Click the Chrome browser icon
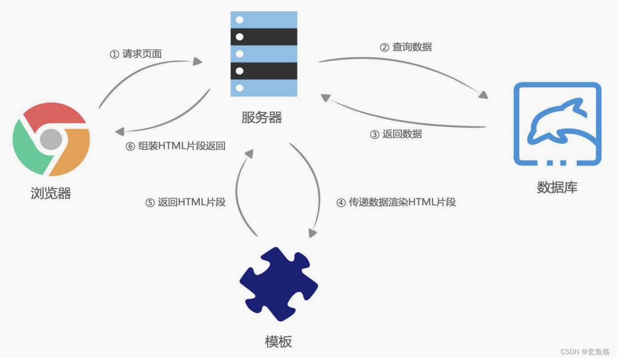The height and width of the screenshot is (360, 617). [x=51, y=140]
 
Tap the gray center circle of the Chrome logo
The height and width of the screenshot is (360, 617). [x=51, y=140]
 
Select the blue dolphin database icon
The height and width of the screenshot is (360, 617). [x=557, y=124]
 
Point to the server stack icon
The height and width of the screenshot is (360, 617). [x=264, y=54]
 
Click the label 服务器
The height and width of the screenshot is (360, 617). [x=262, y=118]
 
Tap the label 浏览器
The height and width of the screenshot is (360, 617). [x=51, y=193]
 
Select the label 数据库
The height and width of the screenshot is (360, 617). [x=557, y=187]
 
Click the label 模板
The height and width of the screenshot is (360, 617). [x=278, y=341]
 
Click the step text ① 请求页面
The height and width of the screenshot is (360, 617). [x=136, y=54]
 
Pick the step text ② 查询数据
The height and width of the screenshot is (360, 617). [x=406, y=48]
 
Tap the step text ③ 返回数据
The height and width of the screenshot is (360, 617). [x=396, y=134]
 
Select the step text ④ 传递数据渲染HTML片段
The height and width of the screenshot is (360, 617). [x=396, y=202]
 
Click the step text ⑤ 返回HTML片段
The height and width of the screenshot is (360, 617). [x=185, y=202]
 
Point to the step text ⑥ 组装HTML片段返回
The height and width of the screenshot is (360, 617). [x=175, y=146]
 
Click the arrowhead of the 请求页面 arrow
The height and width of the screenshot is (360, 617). [x=198, y=61]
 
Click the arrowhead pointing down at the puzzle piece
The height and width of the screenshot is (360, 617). [x=312, y=233]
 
